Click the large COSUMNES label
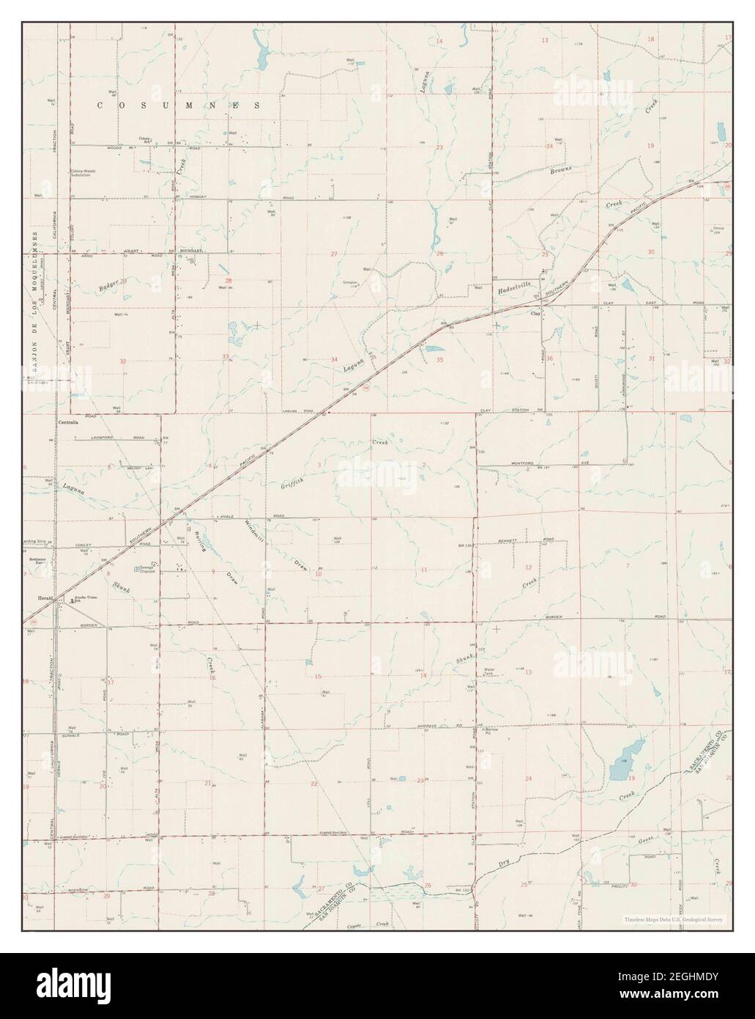(180, 106)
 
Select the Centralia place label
(69, 423)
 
